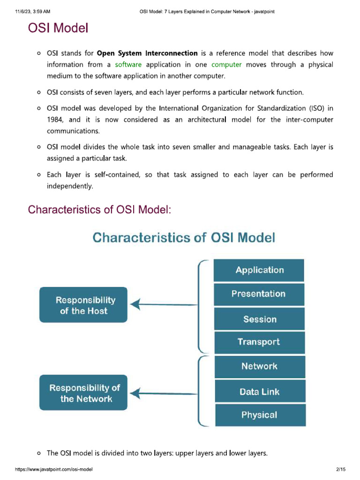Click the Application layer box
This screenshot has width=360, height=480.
click(x=259, y=270)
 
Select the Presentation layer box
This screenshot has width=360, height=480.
click(x=259, y=294)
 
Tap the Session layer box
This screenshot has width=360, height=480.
click(x=259, y=319)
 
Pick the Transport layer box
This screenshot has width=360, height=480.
click(x=259, y=342)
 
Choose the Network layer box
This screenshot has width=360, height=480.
click(x=259, y=367)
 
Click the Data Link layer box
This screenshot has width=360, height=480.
click(x=259, y=391)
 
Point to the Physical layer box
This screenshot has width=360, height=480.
click(x=259, y=415)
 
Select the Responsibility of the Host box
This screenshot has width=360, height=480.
click(x=83, y=305)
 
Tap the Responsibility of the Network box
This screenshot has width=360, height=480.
click(x=83, y=393)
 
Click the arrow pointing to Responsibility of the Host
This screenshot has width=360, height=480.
click(x=164, y=305)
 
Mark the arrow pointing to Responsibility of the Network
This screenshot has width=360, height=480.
click(x=164, y=393)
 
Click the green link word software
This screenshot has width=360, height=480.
click(x=128, y=65)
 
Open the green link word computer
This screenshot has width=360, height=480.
click(x=226, y=65)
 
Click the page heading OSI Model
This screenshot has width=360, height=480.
click(x=58, y=29)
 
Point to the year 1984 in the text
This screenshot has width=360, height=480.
click(x=55, y=120)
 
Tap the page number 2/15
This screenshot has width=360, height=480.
click(x=341, y=469)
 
